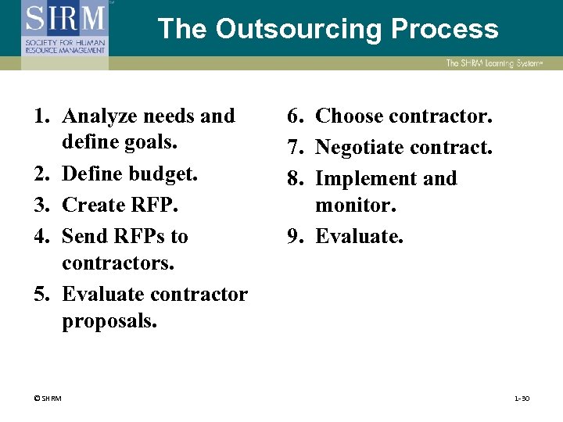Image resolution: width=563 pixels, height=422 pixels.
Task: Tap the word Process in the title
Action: click(x=445, y=29)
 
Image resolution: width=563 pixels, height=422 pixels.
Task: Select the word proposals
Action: click(x=109, y=322)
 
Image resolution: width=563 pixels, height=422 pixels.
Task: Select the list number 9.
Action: click(x=295, y=235)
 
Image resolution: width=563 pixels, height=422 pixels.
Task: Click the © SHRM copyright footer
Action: click(x=48, y=399)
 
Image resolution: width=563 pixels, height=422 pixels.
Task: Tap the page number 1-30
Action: click(x=522, y=399)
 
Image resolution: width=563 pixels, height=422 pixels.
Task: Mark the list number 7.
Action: click(x=295, y=147)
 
